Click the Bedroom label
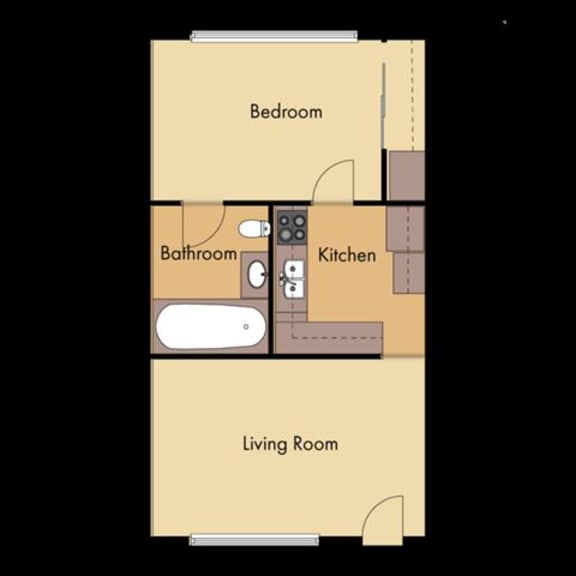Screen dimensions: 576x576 coord(286,111)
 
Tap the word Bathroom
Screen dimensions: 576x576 coord(198,253)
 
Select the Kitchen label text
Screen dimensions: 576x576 coord(347,254)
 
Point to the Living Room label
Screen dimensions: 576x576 coord(290,443)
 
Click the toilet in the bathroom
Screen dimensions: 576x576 coord(256,228)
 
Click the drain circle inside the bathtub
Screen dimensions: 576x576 coord(246,326)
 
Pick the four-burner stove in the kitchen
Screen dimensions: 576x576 coord(291,227)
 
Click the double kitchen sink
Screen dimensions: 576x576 coord(294,278)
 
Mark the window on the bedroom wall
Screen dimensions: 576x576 coord(274,37)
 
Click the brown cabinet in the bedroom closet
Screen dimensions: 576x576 coord(406,176)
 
